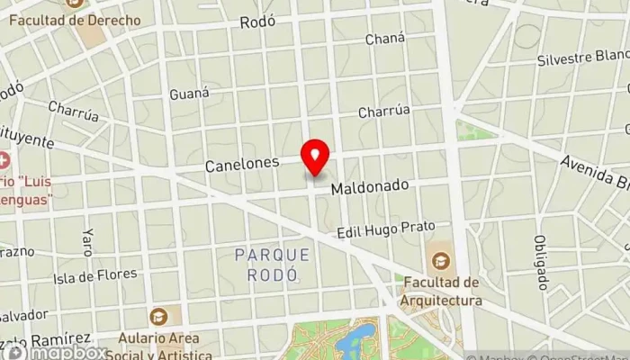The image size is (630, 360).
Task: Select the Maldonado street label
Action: (x=369, y=187)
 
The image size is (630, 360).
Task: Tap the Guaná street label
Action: (x=189, y=93)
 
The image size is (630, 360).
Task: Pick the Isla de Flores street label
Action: (x=95, y=274)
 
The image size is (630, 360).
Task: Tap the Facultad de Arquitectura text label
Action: (x=441, y=292)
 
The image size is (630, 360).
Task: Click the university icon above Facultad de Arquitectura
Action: (x=440, y=261)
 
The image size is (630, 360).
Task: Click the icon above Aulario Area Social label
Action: (x=159, y=316)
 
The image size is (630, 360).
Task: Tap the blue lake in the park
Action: (x=361, y=339)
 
